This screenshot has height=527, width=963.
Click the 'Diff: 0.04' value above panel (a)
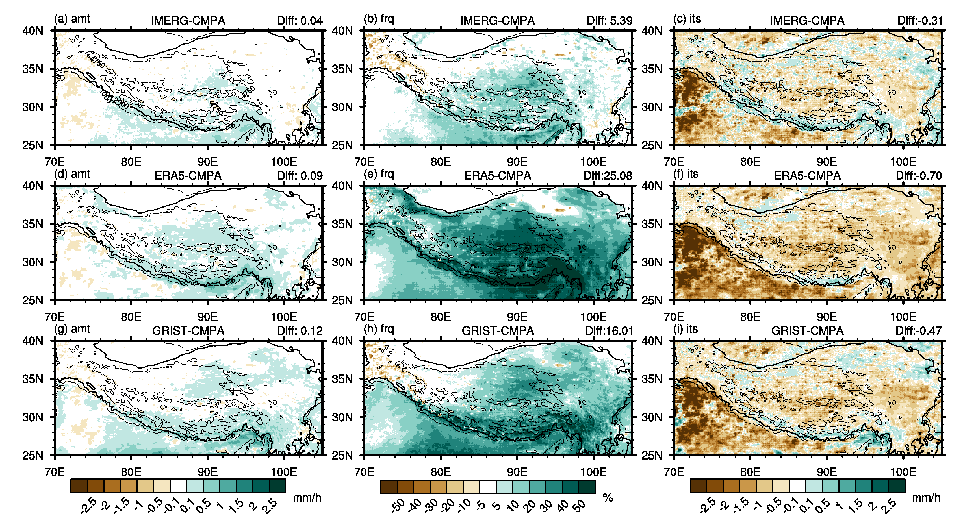300,21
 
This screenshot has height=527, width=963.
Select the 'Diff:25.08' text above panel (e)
608,176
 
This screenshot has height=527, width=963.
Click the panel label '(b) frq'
379,19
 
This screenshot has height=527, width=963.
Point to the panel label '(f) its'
686,174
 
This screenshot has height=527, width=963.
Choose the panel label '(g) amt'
72,329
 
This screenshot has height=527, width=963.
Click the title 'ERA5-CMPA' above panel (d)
188,176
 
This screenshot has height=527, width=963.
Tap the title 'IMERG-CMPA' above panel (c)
807,21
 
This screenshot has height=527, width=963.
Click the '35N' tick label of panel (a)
33,69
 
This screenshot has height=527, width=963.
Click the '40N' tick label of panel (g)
33,341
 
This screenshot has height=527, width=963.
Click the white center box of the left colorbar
178,486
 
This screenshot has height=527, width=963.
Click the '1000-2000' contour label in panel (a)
114,99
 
